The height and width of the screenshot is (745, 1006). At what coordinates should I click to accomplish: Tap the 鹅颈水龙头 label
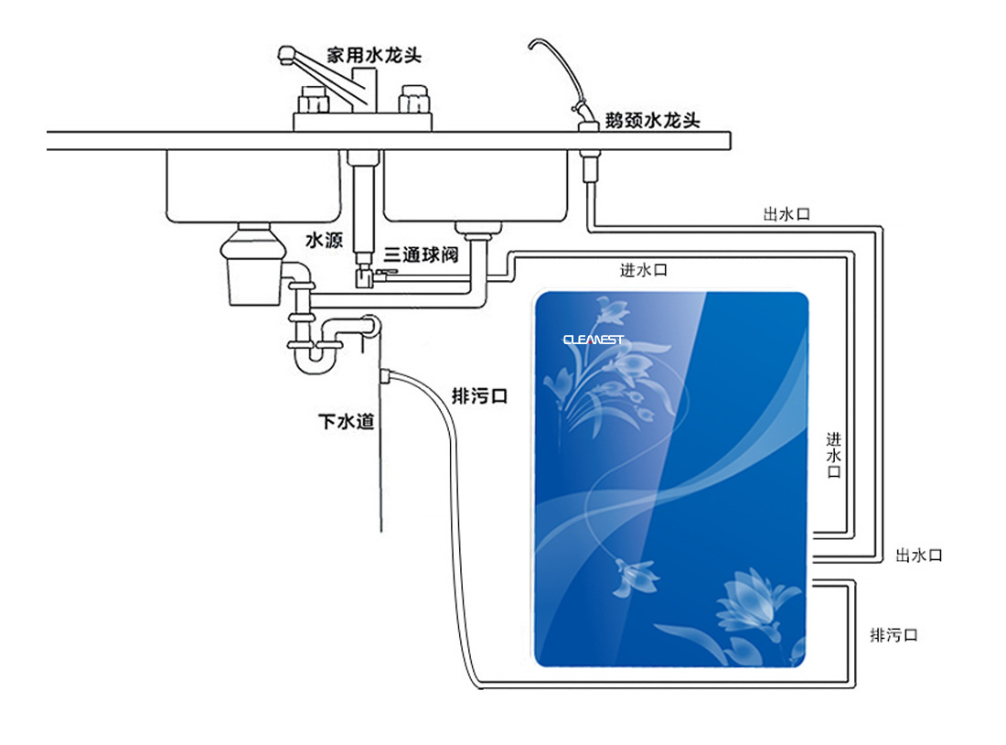(x=653, y=120)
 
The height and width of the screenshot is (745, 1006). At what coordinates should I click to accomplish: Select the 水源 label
(x=324, y=241)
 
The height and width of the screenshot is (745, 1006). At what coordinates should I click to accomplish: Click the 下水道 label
(x=346, y=422)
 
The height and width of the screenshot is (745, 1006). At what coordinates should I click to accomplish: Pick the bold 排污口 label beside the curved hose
(x=480, y=396)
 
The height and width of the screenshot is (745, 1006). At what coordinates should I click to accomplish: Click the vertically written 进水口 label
(x=833, y=455)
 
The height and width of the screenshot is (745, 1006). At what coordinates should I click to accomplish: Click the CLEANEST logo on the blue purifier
(x=593, y=340)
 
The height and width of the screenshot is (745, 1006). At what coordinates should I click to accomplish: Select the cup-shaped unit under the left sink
(x=250, y=271)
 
